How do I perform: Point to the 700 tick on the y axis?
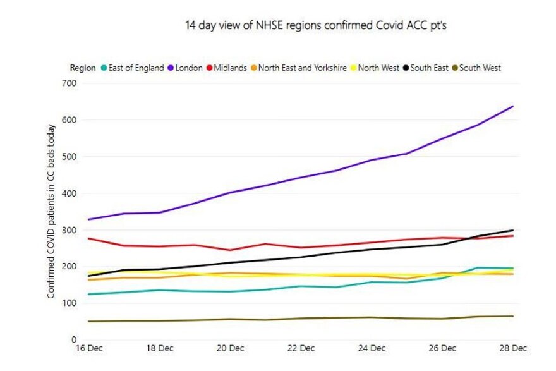(68, 83)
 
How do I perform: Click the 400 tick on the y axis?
(68, 193)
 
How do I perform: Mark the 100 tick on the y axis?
(68, 303)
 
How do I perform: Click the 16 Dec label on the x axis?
(89, 348)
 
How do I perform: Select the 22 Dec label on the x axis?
(301, 348)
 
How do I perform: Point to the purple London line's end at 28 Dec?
(512, 106)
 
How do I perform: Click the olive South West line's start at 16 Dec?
(89, 321)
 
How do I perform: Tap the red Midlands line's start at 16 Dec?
(89, 238)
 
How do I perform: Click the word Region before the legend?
(83, 68)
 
